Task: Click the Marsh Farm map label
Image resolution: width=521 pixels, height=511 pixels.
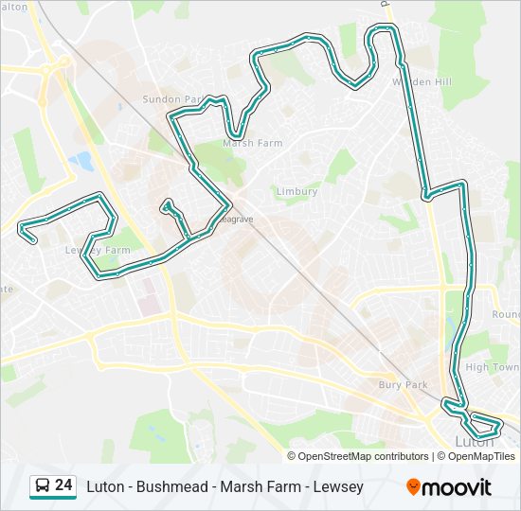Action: pos(252,144)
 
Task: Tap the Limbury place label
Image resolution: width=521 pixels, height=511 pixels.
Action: pos(296,191)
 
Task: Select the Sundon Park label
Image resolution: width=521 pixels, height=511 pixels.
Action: pos(172,98)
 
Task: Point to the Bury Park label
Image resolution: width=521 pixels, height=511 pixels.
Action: pos(403,385)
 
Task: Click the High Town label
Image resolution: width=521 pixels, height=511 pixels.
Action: pos(493,367)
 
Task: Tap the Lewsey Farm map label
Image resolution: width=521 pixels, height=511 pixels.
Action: pos(97,251)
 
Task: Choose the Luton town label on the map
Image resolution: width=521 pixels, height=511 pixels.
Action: pos(475,441)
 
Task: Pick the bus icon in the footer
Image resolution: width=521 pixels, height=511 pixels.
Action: pos(43,486)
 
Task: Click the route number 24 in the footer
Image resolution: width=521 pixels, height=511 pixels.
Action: pos(63,485)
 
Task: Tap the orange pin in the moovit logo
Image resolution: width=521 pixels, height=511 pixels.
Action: pos(414,487)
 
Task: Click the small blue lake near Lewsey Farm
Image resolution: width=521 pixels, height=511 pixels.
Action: pos(82,161)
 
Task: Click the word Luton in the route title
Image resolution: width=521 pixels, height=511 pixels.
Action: pos(105,486)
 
